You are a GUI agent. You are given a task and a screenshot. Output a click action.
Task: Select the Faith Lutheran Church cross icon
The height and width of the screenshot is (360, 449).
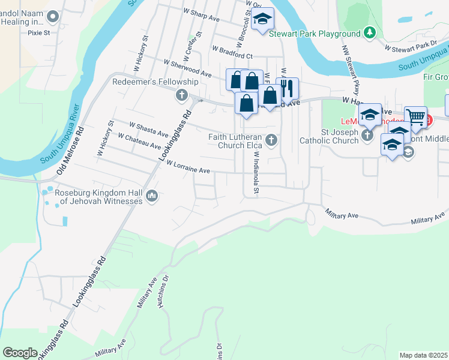(271, 140)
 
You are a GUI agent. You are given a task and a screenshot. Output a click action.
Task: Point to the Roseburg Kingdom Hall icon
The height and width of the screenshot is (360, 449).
(152, 196)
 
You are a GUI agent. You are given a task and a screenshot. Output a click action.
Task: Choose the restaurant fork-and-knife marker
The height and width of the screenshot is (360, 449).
(287, 88)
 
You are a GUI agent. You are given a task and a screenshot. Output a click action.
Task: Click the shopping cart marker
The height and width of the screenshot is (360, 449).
(415, 116)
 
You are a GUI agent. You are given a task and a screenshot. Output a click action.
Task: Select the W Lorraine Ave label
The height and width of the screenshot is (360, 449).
(188, 167)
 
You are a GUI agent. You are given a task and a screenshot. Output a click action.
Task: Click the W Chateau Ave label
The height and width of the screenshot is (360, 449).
(139, 141)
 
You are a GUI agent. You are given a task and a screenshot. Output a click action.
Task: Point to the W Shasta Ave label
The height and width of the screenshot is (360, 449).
(149, 128)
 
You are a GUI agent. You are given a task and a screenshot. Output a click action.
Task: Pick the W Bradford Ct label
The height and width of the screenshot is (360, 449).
(232, 52)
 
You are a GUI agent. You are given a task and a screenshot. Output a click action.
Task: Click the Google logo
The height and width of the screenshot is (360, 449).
(20, 353)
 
